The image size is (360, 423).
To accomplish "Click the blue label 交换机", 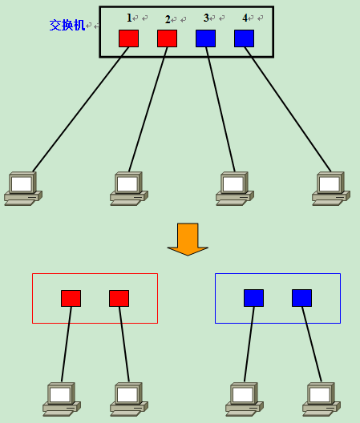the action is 67,25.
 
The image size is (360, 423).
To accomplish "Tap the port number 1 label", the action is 129,18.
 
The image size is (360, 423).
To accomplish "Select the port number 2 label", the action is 168,19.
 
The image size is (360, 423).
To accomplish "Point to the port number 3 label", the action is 206,18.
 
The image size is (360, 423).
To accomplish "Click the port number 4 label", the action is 245,18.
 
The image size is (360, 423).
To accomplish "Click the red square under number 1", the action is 129,38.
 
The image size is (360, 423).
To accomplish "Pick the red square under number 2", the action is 168,38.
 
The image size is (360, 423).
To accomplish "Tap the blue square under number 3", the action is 206,38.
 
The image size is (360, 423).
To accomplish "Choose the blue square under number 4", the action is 244,38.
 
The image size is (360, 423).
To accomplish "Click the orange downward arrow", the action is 188,239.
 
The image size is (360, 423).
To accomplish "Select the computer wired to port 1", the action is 23,188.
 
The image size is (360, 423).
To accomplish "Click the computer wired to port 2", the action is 129,188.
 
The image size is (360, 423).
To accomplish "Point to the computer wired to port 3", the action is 235,188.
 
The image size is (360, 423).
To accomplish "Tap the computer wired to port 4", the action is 331,188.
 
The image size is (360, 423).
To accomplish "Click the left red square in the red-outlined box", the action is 71,298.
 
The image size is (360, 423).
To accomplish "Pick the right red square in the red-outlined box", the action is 119,298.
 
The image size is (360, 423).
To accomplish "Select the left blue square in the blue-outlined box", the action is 254,298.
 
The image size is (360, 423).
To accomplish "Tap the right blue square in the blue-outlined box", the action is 302,298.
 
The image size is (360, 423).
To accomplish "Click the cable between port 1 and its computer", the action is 81,110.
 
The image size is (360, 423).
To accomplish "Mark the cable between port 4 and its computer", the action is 288,110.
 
